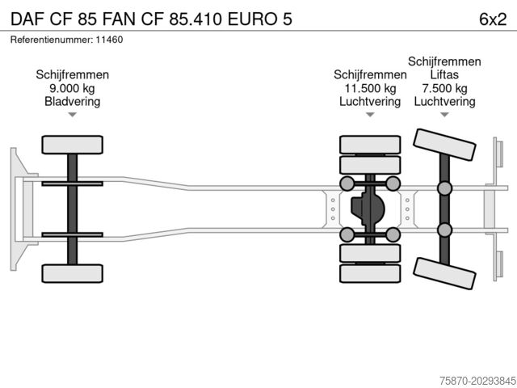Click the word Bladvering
(72, 102)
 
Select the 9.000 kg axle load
(72, 88)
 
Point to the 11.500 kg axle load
(370, 88)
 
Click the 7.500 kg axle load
(444, 88)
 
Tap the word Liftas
(444, 74)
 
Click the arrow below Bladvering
(72, 116)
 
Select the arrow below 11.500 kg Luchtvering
(370, 116)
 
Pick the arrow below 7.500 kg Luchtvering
(444, 116)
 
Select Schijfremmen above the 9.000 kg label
(72, 74)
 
